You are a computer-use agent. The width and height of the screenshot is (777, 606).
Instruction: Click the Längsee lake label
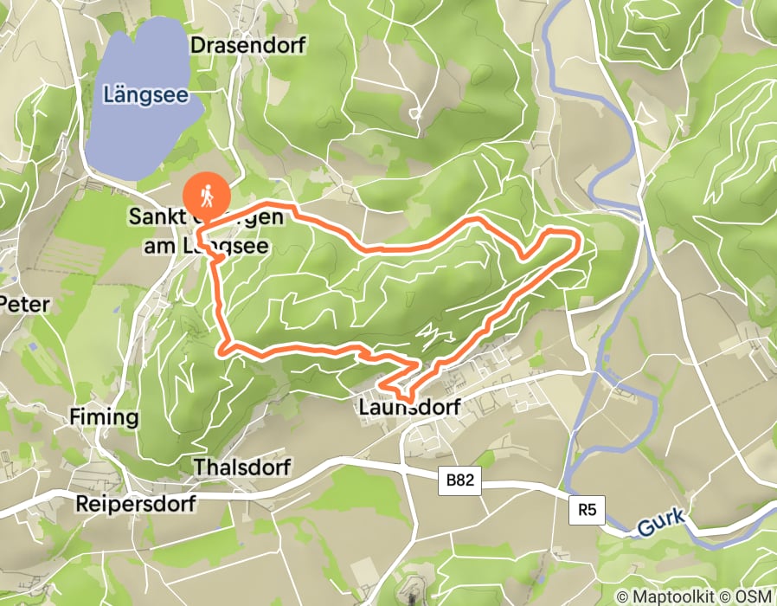pyautogui.click(x=144, y=93)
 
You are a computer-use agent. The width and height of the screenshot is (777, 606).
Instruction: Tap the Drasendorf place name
pyautogui.click(x=247, y=45)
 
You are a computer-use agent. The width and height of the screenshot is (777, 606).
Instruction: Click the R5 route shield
pyautogui.click(x=588, y=510)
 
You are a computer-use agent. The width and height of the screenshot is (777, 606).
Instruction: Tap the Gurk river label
pyautogui.click(x=662, y=522)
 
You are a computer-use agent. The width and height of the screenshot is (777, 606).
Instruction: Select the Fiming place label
pyautogui.click(x=103, y=417)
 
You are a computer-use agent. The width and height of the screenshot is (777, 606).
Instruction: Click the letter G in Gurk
pyautogui.click(x=645, y=527)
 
